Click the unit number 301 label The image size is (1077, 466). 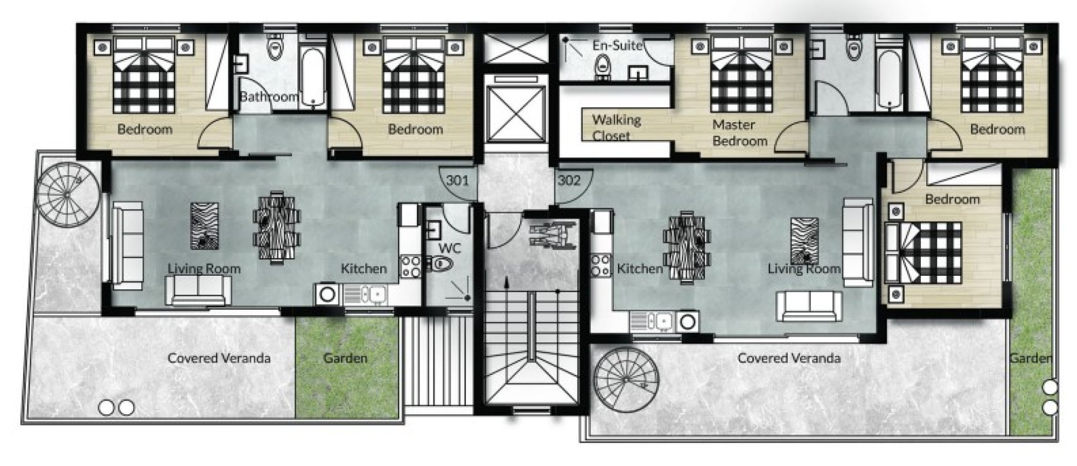[x=457, y=180]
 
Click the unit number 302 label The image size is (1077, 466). [x=569, y=180]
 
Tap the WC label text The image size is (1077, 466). [x=450, y=248]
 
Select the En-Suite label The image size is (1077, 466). [x=617, y=45]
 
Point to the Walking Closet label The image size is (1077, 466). [x=616, y=128]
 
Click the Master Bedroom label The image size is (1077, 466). [x=739, y=133]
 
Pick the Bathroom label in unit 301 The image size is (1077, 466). [x=268, y=97]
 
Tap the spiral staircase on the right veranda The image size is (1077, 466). [x=627, y=380]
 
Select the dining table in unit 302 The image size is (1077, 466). [x=687, y=247]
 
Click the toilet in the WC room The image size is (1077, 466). [x=441, y=265]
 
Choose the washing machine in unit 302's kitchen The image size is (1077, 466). [x=687, y=322]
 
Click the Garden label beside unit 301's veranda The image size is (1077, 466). [x=345, y=358]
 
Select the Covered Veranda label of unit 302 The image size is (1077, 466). [x=789, y=358]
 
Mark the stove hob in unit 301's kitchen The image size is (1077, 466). [x=410, y=267]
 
